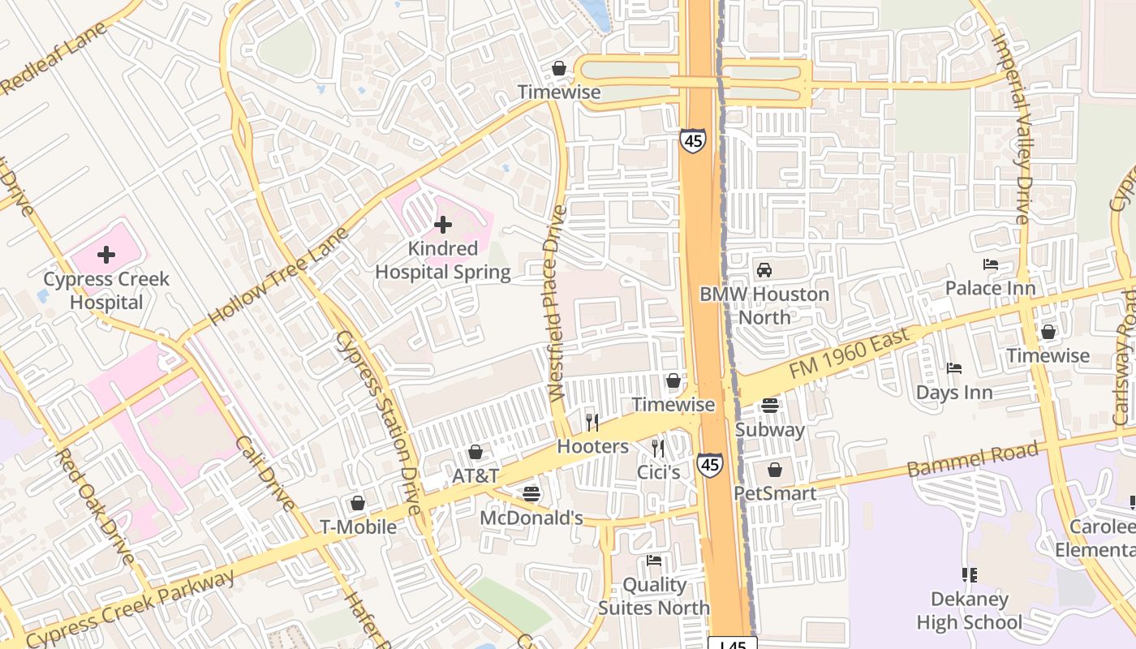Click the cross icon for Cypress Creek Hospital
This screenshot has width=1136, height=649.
pos(106,255)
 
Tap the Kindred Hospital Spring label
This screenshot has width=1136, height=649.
pos(443,260)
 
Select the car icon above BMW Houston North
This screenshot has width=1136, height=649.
pos(764,270)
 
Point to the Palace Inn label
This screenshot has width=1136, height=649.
pos(990,288)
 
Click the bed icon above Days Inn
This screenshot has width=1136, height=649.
pos(954,368)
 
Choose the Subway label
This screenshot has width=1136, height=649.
pos(769,430)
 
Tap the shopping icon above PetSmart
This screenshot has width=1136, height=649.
pos(775,470)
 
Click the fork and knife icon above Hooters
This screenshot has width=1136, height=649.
pos(592,422)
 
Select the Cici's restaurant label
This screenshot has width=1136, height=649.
pos(658,471)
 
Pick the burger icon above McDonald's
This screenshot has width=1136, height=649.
pos(531,493)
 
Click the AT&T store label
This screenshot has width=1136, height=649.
pos(475,476)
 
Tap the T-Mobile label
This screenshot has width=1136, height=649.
pos(358,527)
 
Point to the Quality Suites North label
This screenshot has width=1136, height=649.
pos(654,596)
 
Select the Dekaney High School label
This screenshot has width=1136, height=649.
pos(969,611)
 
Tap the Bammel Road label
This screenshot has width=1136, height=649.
pos(972,459)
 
